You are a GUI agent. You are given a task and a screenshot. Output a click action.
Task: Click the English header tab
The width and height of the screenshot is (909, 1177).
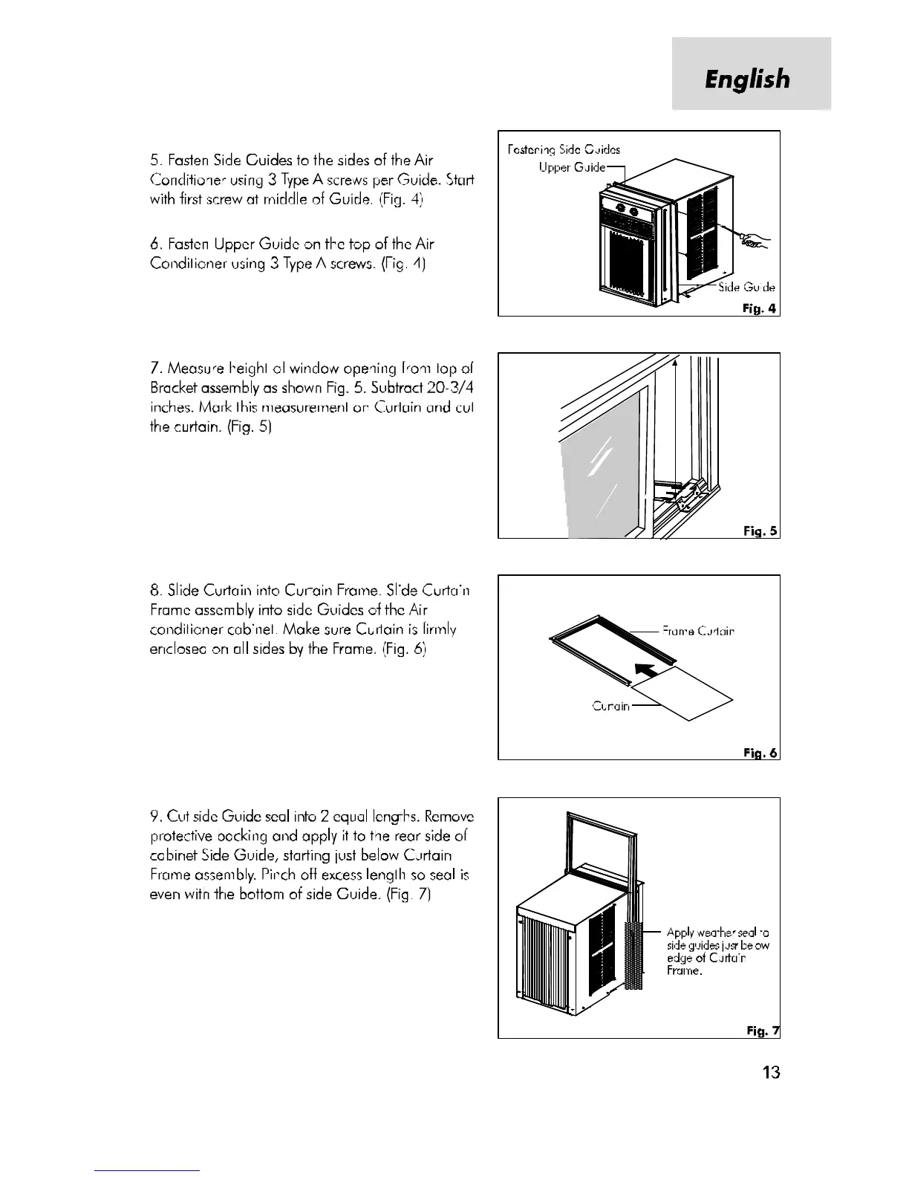click(x=748, y=79)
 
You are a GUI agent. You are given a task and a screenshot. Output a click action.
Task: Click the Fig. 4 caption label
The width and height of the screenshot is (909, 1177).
click(x=760, y=308)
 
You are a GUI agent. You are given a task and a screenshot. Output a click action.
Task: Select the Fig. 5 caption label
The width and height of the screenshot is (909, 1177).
click(x=760, y=531)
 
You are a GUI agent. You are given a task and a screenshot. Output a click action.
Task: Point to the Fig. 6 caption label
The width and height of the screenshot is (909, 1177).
click(x=760, y=753)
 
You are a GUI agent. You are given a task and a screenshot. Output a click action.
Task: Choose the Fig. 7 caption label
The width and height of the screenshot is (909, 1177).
click(x=763, y=1030)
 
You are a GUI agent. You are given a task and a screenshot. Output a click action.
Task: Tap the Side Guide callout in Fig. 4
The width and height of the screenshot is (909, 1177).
click(x=747, y=288)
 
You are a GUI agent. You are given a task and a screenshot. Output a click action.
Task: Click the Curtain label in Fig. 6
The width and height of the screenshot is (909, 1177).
click(x=610, y=706)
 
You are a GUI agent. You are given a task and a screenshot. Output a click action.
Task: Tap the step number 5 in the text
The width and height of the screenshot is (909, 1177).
click(x=154, y=160)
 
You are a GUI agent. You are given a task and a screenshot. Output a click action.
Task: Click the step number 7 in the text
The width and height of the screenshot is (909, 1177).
click(x=154, y=369)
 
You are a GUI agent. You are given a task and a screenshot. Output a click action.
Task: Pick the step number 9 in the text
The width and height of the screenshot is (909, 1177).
click(x=154, y=817)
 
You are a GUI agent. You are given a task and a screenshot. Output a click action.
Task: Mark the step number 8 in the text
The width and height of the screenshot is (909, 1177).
click(x=154, y=591)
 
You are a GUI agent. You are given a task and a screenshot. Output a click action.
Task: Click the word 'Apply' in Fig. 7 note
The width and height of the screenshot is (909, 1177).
click(x=680, y=933)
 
